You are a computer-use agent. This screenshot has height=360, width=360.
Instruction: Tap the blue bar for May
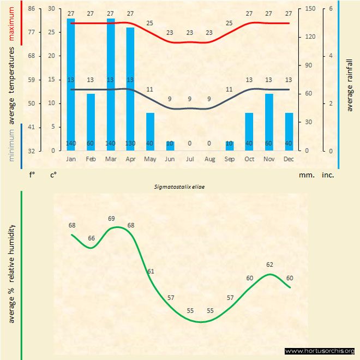click(150, 131)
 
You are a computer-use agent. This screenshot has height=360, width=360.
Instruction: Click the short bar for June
click(170, 146)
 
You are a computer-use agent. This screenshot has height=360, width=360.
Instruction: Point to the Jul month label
click(190, 159)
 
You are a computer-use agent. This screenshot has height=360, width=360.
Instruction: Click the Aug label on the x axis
click(209, 159)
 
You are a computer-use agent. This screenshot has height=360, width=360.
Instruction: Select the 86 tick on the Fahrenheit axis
click(32, 9)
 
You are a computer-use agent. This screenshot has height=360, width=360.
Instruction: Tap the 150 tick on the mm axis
click(310, 9)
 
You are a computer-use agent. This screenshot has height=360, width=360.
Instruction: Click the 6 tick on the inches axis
click(331, 9)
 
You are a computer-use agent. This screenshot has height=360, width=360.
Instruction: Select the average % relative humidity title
click(11, 273)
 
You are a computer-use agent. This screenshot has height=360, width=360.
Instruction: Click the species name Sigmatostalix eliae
click(179, 186)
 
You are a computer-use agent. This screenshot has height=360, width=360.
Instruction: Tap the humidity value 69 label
click(111, 219)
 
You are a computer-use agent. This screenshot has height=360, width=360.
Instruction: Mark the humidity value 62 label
click(269, 265)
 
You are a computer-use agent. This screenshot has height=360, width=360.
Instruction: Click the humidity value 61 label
click(151, 271)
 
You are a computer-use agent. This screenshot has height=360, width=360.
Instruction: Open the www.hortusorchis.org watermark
click(320, 351)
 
